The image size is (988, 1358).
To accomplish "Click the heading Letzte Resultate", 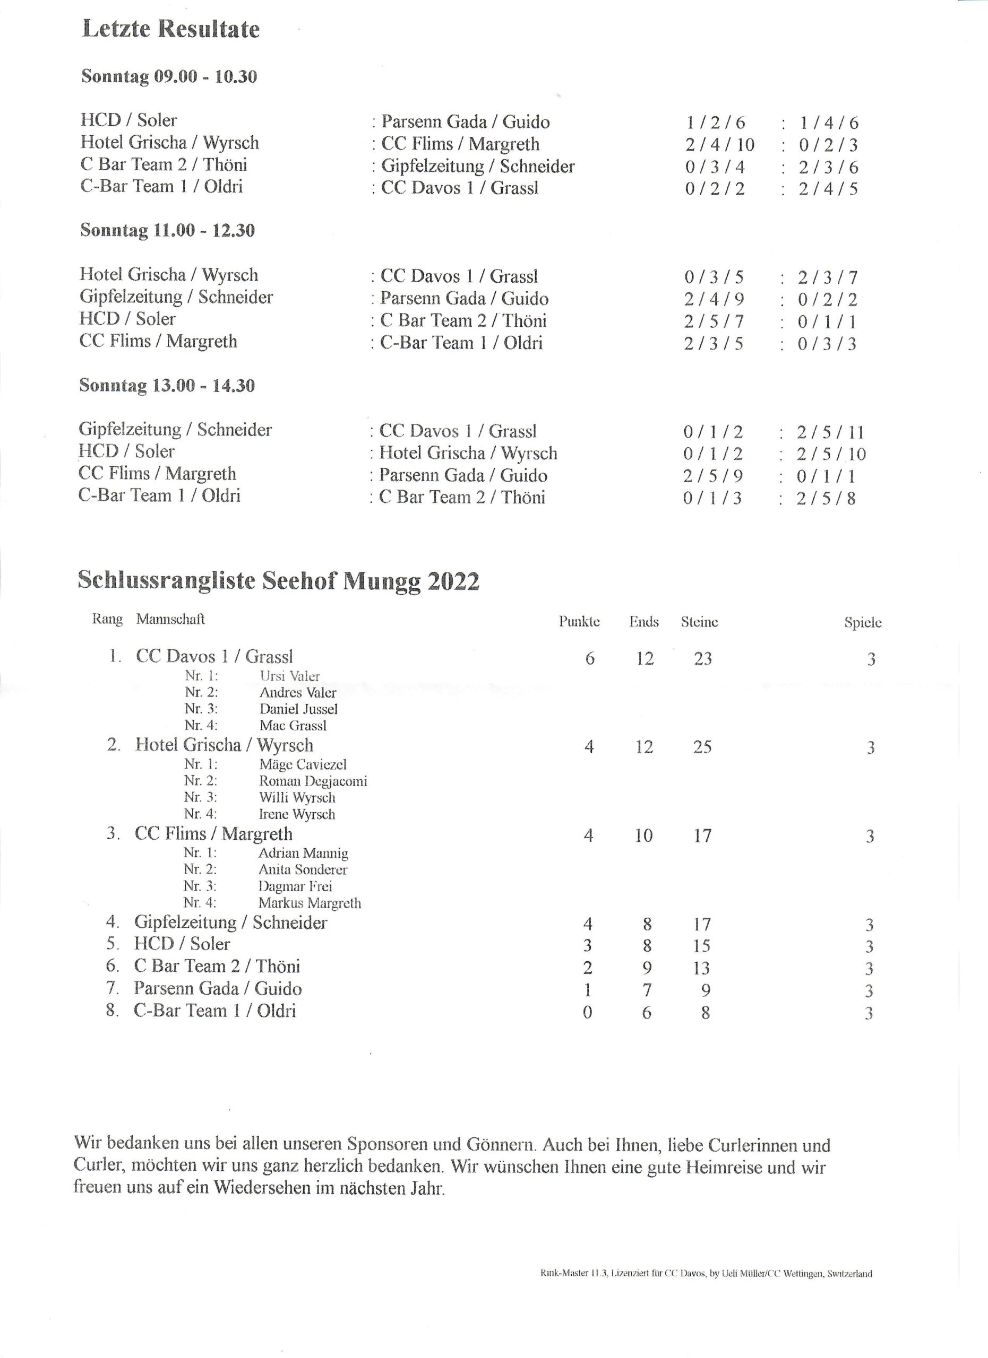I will click(x=171, y=29).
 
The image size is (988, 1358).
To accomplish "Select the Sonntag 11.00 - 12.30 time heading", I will click(x=167, y=231).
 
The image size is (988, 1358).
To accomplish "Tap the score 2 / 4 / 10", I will click(x=719, y=145).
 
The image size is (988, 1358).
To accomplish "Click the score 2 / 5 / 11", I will click(x=830, y=432).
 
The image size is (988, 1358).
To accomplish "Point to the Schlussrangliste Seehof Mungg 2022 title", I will click(x=278, y=581).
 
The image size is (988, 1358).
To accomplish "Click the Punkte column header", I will click(x=579, y=622).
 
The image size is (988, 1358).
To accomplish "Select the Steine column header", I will click(x=699, y=622).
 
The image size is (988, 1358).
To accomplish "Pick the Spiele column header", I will click(x=863, y=623).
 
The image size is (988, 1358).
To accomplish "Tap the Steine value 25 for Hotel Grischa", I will click(x=702, y=747).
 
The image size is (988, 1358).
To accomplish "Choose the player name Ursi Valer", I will click(x=289, y=676).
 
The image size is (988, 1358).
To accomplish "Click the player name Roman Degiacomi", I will click(x=313, y=781).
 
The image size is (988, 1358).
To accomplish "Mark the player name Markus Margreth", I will click(x=310, y=903).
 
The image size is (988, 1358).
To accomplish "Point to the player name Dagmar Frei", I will click(x=295, y=886).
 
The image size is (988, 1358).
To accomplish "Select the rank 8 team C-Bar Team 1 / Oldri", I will click(x=214, y=1011).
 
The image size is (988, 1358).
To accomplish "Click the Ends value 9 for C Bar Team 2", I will click(x=647, y=968).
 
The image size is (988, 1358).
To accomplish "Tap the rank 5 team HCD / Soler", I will click(x=182, y=944).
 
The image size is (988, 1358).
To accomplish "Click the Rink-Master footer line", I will click(x=706, y=1274).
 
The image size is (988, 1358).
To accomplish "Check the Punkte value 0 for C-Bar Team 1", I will click(x=587, y=1013).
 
